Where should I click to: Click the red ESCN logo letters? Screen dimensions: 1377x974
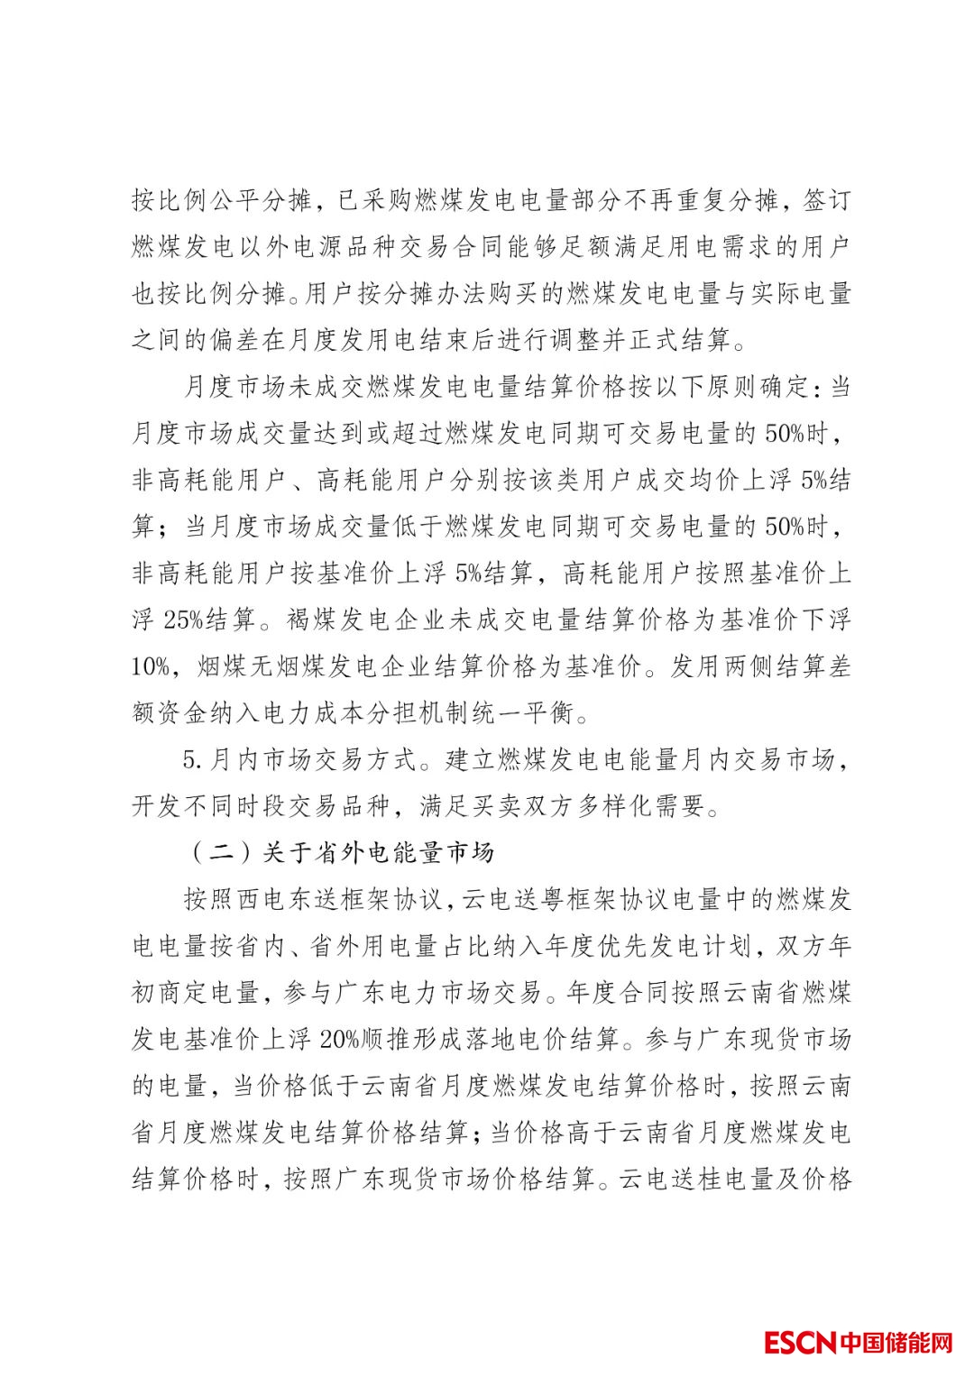(x=800, y=1342)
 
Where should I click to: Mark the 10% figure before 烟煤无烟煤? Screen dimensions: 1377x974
(x=151, y=666)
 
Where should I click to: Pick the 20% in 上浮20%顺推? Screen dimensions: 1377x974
(x=339, y=1040)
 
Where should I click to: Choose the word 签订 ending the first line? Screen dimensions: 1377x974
(x=826, y=200)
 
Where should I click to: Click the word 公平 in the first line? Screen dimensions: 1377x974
(x=239, y=200)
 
